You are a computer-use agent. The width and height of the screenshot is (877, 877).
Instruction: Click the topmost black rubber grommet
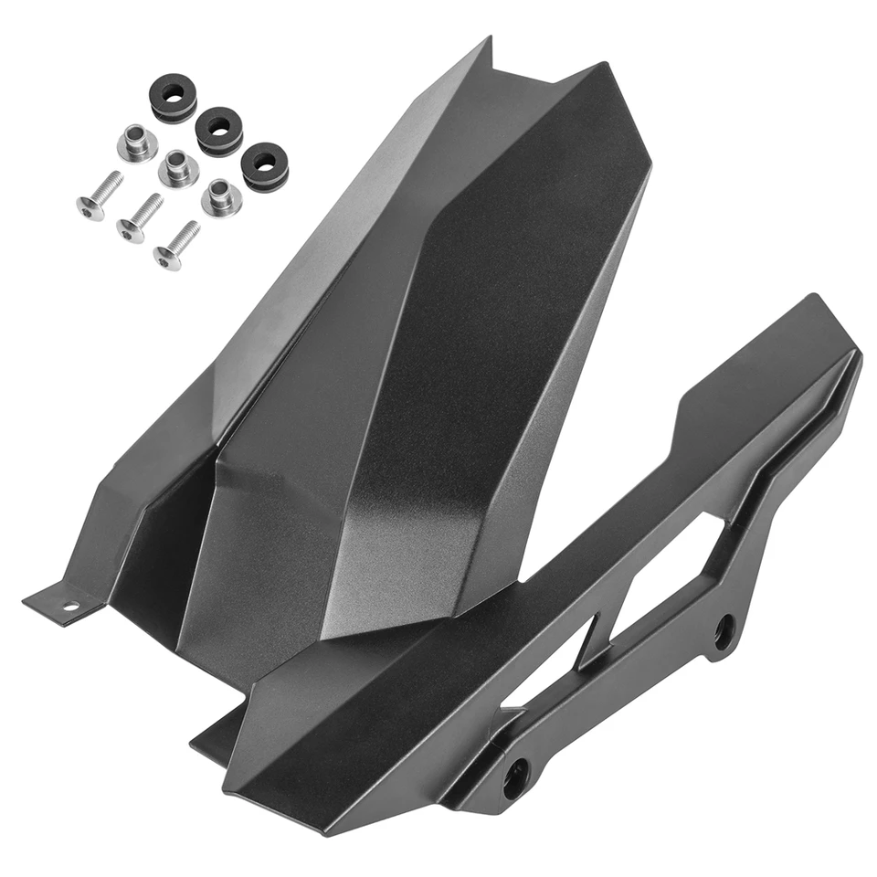[x=173, y=98]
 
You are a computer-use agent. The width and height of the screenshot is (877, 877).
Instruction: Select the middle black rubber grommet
[x=219, y=130]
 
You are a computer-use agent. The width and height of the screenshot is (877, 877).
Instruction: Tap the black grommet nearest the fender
[x=265, y=164]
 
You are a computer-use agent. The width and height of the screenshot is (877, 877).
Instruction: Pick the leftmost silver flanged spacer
[x=136, y=143]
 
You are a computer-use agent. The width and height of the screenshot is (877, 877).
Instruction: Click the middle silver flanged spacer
[x=178, y=169]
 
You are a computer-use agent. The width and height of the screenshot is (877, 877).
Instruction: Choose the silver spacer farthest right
[x=221, y=196]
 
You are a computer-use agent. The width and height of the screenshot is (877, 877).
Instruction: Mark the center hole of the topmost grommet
[x=173, y=92]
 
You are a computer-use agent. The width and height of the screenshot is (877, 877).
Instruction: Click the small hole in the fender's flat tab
[x=70, y=605]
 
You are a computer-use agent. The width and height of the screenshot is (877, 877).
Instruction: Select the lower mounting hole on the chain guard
[x=515, y=774]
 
